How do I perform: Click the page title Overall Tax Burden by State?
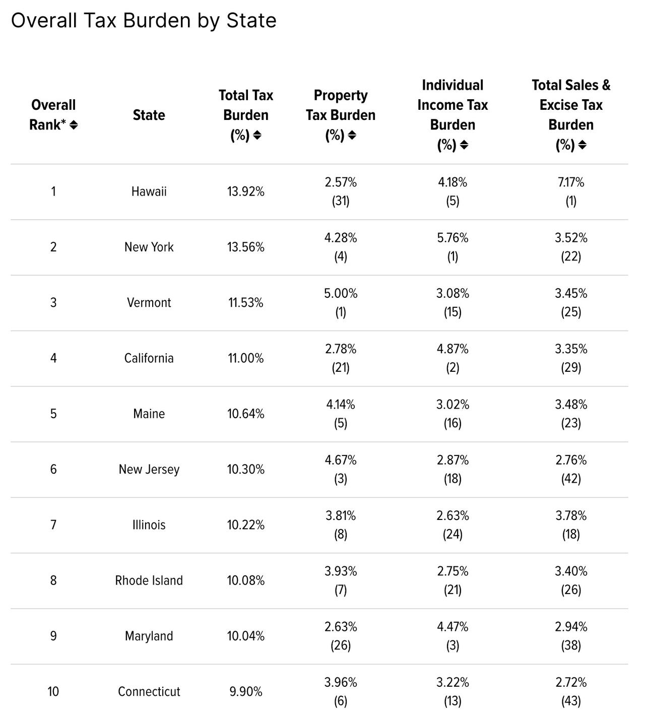pyautogui.click(x=144, y=21)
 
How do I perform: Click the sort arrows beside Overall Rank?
pyautogui.click(x=74, y=125)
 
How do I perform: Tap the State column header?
pyautogui.click(x=149, y=115)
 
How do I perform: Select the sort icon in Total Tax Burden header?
pyautogui.click(x=257, y=135)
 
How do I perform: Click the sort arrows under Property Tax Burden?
pyautogui.click(x=352, y=135)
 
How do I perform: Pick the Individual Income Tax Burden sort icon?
pyautogui.click(x=464, y=145)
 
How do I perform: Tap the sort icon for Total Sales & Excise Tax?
pyautogui.click(x=582, y=145)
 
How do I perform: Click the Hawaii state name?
pyautogui.click(x=149, y=191)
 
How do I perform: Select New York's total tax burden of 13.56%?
pyautogui.click(x=245, y=247)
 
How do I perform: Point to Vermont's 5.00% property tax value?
pyautogui.click(x=341, y=293)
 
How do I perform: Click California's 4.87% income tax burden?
pyautogui.click(x=453, y=349)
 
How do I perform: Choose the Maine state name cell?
pyautogui.click(x=149, y=414)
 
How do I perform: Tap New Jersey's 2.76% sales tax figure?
pyautogui.click(x=571, y=460)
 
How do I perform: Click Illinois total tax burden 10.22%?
pyautogui.click(x=245, y=525)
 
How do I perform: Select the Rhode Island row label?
pyautogui.click(x=149, y=580)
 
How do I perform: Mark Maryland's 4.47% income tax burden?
pyautogui.click(x=453, y=627)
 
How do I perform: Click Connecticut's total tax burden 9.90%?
pyautogui.click(x=245, y=691)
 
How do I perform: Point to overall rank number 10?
pyautogui.click(x=53, y=691)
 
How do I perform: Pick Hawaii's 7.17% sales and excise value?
pyautogui.click(x=571, y=182)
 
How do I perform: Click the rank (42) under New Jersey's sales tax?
pyautogui.click(x=571, y=478)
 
